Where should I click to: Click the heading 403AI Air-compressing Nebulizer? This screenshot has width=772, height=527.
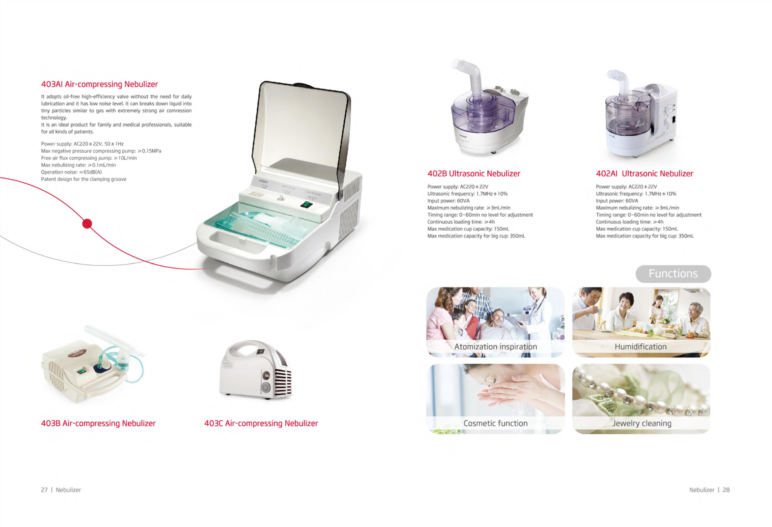pyautogui.click(x=99, y=84)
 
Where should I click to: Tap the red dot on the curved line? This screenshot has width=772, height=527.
pyautogui.click(x=87, y=224)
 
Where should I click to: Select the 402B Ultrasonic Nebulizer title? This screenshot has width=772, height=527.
pyautogui.click(x=473, y=174)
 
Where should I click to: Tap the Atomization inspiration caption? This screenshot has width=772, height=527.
pyautogui.click(x=495, y=347)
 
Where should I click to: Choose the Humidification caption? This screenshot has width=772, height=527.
pyautogui.click(x=640, y=347)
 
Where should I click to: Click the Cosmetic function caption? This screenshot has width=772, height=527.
pyautogui.click(x=495, y=423)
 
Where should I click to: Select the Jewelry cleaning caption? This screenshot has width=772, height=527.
pyautogui.click(x=641, y=423)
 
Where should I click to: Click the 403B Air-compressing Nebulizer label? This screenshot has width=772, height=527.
pyautogui.click(x=98, y=423)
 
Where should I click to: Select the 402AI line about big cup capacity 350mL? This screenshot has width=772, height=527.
pyautogui.click(x=644, y=236)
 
